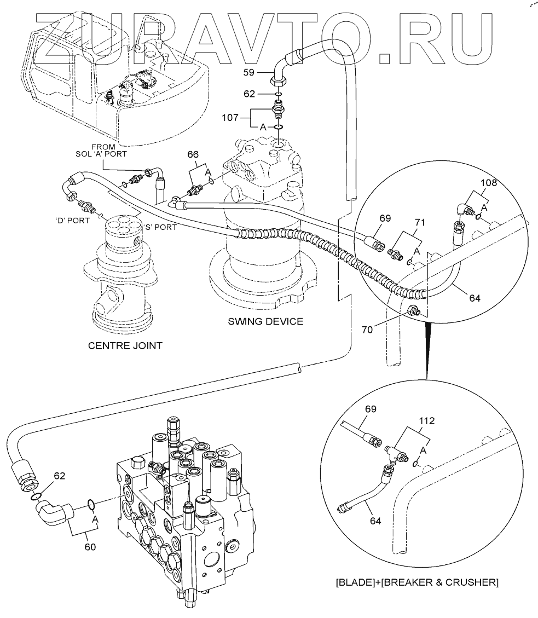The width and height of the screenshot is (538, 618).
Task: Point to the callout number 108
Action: pos(488,183)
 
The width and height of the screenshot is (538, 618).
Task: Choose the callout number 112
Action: pos(427,421)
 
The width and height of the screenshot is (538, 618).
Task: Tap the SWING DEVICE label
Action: pos(265,321)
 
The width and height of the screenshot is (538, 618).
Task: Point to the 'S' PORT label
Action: pos(159,227)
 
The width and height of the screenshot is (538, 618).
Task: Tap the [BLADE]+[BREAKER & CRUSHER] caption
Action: pos(416,582)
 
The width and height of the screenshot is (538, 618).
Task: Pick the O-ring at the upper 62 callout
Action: pos(279,94)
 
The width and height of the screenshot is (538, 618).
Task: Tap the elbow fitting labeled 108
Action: pos(463,208)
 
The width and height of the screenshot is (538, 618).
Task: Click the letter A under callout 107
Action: pos(263,127)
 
